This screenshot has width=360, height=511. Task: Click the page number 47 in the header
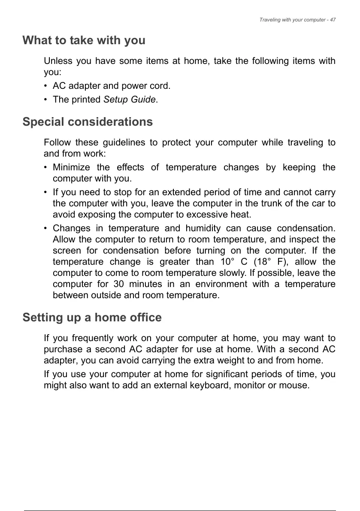[x=333, y=20]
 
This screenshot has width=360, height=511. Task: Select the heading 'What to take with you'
[x=84, y=41]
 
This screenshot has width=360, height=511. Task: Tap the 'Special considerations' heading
[x=88, y=122]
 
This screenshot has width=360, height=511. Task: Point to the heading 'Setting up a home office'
[x=92, y=318]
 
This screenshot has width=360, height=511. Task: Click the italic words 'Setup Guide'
[x=130, y=100]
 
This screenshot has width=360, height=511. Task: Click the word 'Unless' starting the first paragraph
[x=58, y=61]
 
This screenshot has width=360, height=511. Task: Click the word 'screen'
[x=67, y=251]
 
